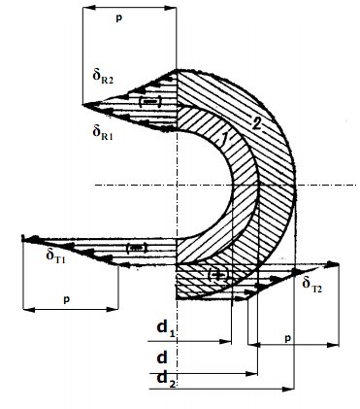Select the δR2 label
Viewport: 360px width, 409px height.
click(x=101, y=79)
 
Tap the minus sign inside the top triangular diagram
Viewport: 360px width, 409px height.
click(x=149, y=102)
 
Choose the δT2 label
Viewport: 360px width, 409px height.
click(x=311, y=285)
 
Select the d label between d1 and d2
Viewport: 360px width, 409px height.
click(x=162, y=357)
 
